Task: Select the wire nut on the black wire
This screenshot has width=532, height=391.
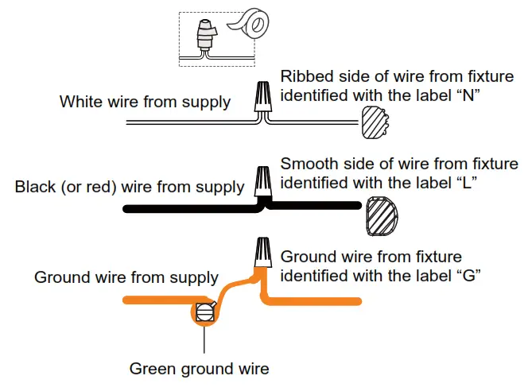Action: [x=262, y=183]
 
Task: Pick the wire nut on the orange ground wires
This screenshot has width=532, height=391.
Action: [x=262, y=254]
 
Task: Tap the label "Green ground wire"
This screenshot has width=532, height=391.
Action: [x=199, y=369]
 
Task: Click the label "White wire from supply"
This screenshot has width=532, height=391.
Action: [x=145, y=103]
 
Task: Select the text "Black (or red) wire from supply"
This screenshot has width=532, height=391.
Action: [x=130, y=188]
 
